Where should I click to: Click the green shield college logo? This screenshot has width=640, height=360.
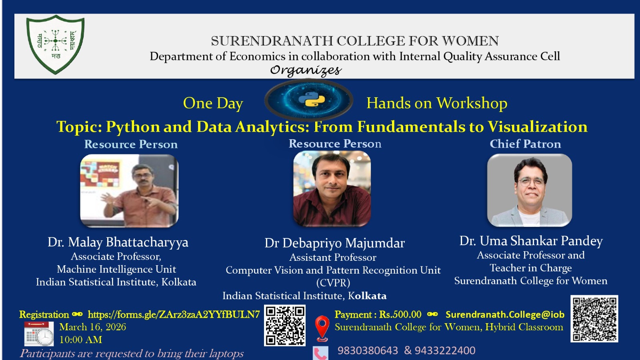coord(56,44)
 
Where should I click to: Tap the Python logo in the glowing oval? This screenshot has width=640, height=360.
coord(312,100)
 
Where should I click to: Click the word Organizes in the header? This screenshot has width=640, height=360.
coord(306,70)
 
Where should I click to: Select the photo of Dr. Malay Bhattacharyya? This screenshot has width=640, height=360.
coord(129,191)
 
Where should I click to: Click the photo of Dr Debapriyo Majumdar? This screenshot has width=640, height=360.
coord(332,188)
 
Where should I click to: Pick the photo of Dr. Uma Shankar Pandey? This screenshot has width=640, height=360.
coord(530,190)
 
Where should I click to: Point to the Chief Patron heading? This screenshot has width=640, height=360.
coord(525,144)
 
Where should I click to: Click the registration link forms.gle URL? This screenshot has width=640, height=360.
coord(174,314)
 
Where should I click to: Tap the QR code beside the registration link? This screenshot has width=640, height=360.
coord(284,326)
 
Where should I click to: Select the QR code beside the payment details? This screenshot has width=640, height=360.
coord(594,318)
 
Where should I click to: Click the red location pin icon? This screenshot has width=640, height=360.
coord(322,328)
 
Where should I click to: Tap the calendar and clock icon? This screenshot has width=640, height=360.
coord(39,334)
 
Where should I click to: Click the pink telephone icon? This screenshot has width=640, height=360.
coord(320,354)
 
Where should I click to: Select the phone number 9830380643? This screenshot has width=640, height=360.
coord(368,350)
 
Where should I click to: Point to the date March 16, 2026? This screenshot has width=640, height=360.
coord(92,327)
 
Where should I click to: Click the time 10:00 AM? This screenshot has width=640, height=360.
coord(80,340)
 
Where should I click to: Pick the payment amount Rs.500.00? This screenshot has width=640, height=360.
coord(400,314)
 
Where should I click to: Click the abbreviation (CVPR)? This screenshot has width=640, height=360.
coord(333,283)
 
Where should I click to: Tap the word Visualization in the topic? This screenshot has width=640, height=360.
coord(538,126)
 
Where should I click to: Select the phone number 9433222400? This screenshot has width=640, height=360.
coord(445,350)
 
